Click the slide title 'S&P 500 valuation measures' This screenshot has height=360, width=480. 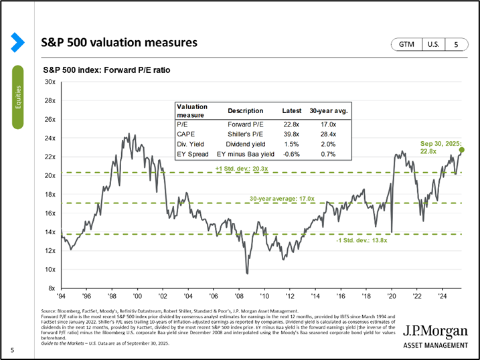click(x=119, y=43)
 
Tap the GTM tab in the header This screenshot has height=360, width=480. click(x=406, y=44)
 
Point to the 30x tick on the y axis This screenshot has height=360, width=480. click(x=50, y=82)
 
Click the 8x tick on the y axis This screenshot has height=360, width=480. click(x=51, y=288)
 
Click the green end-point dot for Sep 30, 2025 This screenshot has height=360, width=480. click(x=462, y=150)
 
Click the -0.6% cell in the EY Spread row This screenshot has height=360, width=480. click(x=292, y=153)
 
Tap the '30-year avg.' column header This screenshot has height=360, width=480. click(x=332, y=111)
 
